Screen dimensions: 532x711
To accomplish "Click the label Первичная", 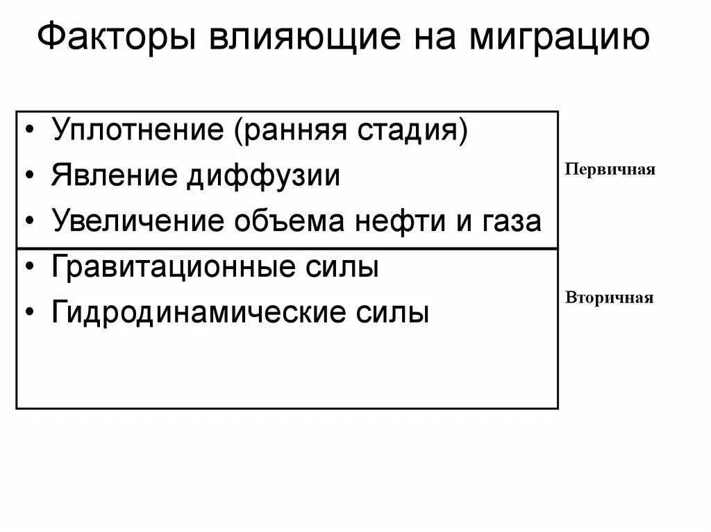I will click(610, 170).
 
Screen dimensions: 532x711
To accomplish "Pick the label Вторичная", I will click(610, 298).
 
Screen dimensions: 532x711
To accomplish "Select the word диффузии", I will click(263, 175).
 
